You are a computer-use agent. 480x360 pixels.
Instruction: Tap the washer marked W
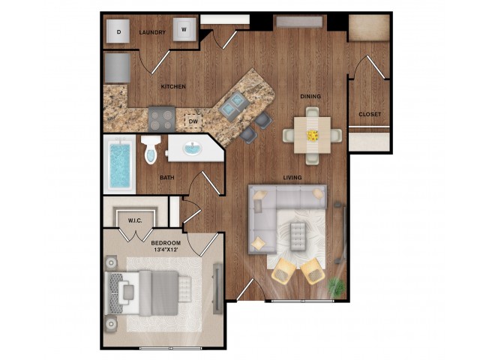[183, 31]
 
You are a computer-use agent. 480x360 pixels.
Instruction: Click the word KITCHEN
[173, 87]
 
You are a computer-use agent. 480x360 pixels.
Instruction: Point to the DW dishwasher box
[193, 120]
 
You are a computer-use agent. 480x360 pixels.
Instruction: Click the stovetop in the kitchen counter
[162, 117]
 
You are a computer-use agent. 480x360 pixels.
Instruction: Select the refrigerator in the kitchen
[118, 67]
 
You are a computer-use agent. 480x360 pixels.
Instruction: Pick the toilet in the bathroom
[149, 151]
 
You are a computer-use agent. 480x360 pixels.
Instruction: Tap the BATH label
[166, 178]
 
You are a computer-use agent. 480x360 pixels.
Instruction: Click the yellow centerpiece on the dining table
[311, 135]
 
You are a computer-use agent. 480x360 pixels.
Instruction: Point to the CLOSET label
[369, 114]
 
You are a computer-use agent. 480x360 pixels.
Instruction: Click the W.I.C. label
[136, 220]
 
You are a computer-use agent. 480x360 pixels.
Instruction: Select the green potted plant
[337, 286]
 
